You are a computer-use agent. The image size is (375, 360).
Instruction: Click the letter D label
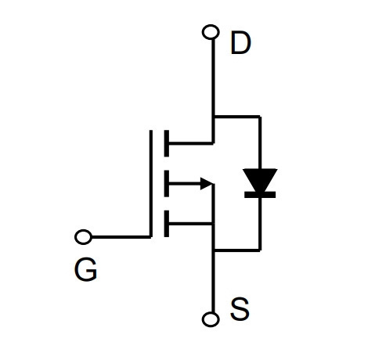(240, 43)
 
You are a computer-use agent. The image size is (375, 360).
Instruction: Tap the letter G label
(85, 269)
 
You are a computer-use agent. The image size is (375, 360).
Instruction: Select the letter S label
(240, 309)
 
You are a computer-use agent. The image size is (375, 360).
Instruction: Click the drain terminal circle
(211, 32)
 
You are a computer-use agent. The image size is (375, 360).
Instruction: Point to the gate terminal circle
(83, 237)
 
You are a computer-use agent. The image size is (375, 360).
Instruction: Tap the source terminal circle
(211, 319)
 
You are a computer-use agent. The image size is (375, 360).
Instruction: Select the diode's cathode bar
(260, 195)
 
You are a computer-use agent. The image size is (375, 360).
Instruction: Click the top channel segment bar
(167, 143)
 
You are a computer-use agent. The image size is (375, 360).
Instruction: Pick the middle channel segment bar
(167, 183)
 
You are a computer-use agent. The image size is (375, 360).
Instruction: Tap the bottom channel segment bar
(167, 224)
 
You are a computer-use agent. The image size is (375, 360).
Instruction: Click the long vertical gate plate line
(151, 184)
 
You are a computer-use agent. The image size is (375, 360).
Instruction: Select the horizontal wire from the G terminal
(121, 237)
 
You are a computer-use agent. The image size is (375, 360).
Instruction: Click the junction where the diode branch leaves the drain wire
(214, 117)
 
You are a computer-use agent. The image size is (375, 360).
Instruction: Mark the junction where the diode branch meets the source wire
(214, 250)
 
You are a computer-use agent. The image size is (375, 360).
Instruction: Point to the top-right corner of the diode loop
(260, 117)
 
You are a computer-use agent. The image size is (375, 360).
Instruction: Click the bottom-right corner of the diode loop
(260, 250)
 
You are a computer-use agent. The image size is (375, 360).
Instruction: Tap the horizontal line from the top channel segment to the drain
(191, 143)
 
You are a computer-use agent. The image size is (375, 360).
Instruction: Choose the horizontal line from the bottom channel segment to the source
(190, 224)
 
